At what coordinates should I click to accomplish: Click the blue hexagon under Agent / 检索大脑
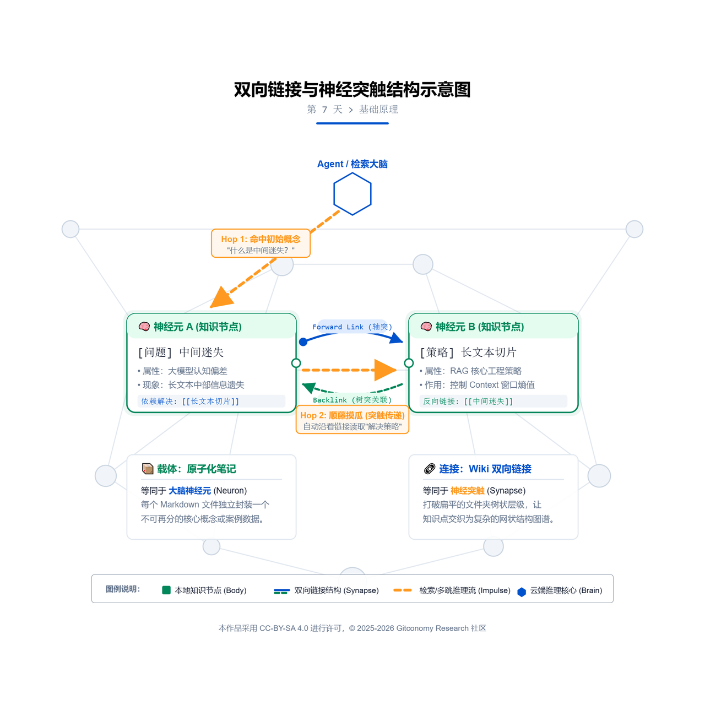click(334, 194)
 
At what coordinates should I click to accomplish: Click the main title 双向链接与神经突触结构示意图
click(352, 90)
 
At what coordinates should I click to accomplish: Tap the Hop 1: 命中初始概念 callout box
click(261, 243)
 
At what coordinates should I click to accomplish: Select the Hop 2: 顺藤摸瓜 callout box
click(352, 420)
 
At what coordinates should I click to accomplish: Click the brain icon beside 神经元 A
click(144, 327)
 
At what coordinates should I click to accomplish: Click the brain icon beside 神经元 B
click(426, 327)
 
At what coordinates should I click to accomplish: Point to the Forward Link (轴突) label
click(352, 327)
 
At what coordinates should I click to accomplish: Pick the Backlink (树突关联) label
click(352, 400)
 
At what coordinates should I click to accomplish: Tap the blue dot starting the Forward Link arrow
click(303, 341)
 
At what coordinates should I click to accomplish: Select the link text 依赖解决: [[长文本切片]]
click(190, 402)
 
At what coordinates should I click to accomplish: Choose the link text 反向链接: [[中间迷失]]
click(468, 402)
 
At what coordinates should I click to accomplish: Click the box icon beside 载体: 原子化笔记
click(148, 469)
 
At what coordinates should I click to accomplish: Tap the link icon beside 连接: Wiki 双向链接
click(430, 469)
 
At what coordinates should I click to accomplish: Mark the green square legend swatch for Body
click(166, 590)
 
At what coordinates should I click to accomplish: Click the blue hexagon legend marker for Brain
click(522, 592)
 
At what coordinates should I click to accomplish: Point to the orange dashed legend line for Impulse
click(403, 590)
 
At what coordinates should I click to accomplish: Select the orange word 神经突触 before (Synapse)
click(467, 491)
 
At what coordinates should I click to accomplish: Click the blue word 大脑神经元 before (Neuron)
click(189, 491)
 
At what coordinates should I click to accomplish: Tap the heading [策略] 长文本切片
click(469, 352)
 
